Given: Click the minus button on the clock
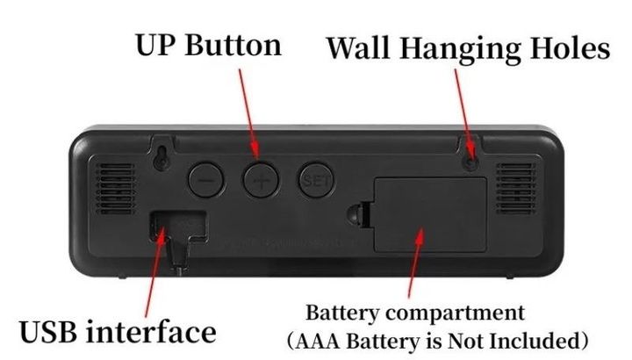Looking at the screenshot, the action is pyautogui.click(x=205, y=179).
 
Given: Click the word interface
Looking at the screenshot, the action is pyautogui.click(x=157, y=331).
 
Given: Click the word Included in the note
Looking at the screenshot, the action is pyautogui.click(x=536, y=339).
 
